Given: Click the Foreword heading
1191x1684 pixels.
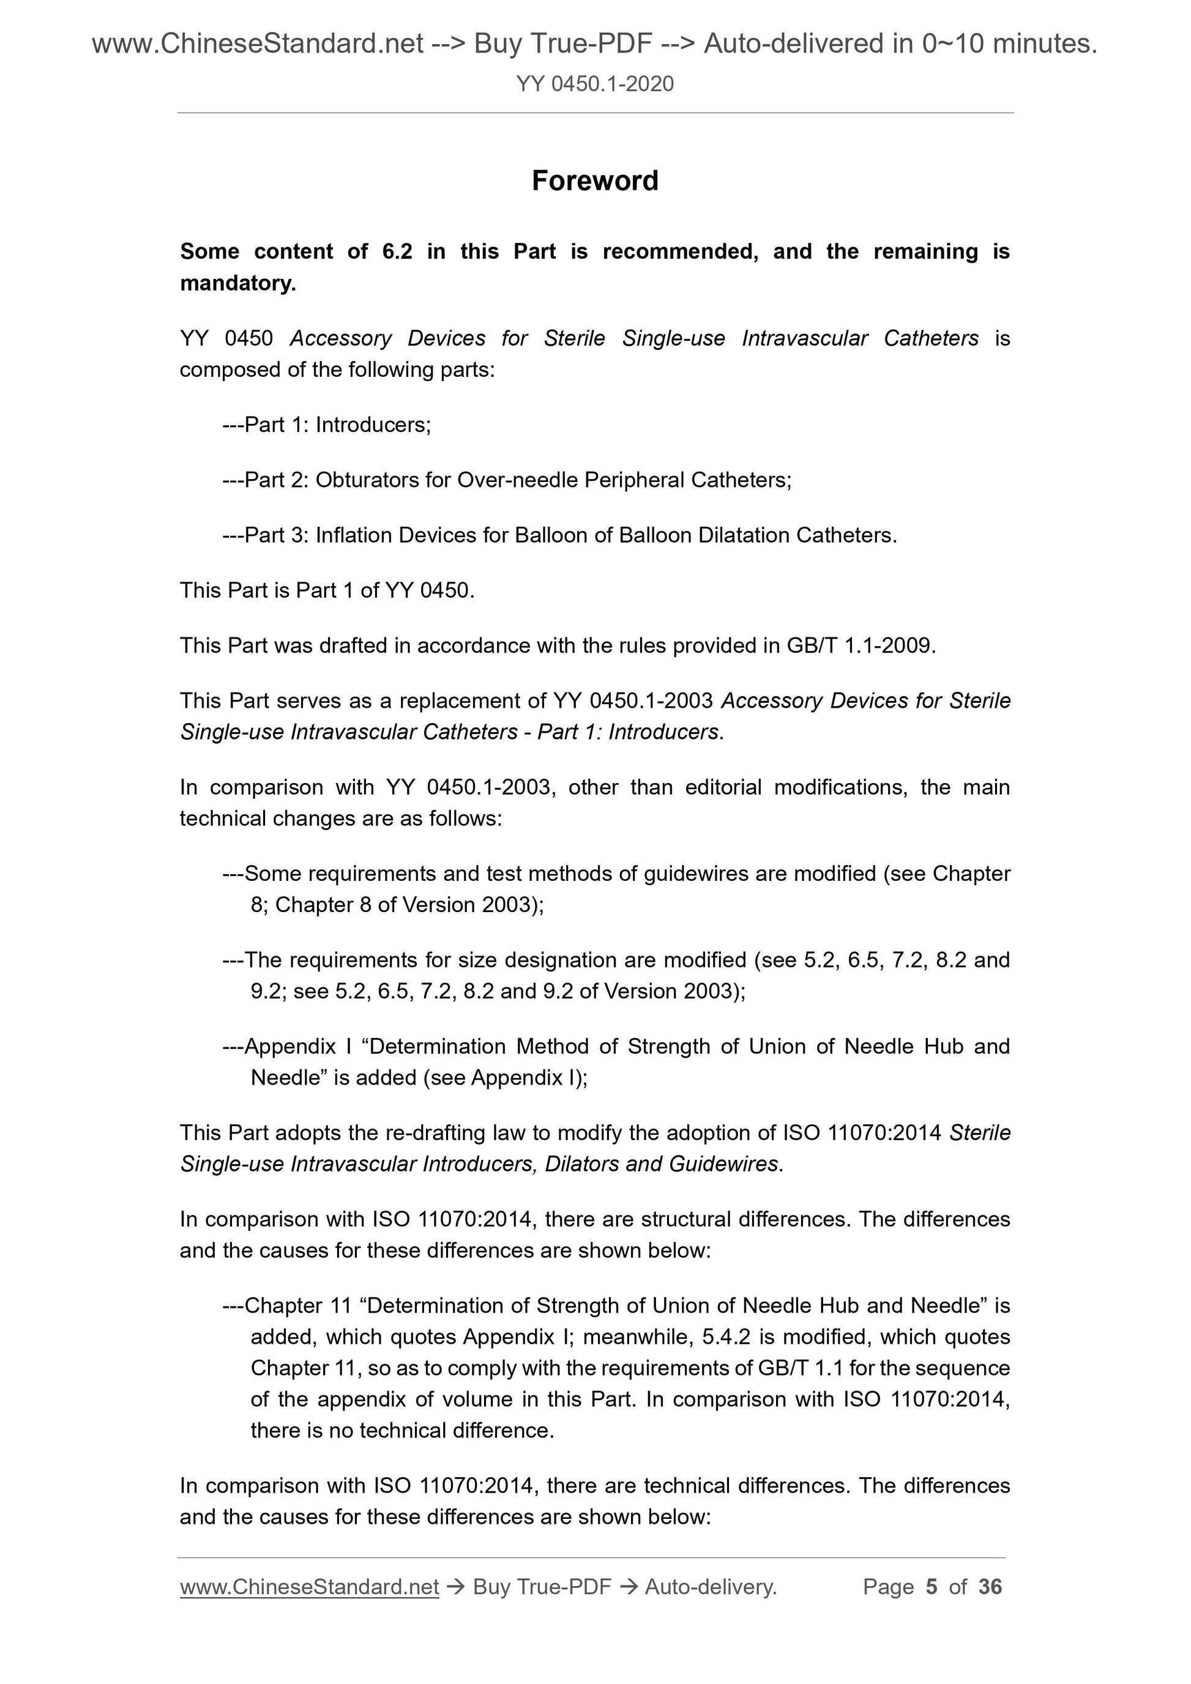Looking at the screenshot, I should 595,180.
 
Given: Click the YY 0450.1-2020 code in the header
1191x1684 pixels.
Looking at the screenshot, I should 595,84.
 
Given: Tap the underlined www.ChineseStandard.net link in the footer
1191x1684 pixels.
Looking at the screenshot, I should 309,1587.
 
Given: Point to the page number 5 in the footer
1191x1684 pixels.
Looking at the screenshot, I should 932,1587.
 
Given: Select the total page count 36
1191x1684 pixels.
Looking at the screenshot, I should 990,1587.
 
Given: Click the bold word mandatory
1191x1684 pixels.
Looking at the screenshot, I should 237,283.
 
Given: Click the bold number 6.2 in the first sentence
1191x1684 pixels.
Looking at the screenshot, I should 397,251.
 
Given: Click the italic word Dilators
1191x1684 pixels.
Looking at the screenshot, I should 581,1164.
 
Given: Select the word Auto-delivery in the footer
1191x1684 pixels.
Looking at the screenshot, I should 711,1587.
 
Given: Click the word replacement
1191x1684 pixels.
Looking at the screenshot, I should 450,700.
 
